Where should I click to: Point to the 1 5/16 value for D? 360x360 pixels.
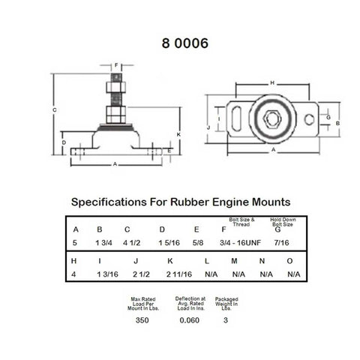point(167,241)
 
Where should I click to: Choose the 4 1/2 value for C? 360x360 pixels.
point(132,241)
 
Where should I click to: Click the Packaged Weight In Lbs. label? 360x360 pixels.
point(226,304)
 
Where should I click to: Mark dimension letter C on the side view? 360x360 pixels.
point(55,110)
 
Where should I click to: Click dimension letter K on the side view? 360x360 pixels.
point(177,133)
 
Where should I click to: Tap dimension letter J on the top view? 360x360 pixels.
point(207,128)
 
